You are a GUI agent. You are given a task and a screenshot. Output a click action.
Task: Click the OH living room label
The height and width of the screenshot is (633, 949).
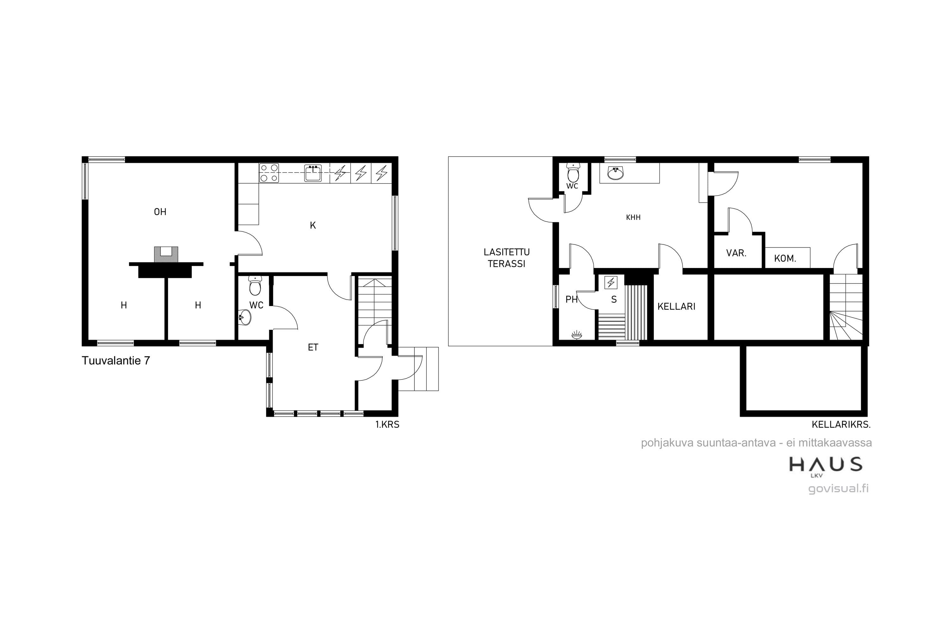160,212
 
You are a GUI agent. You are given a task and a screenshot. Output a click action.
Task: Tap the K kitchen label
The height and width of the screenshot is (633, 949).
313,226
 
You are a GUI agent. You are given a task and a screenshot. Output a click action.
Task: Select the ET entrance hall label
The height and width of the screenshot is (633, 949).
313,348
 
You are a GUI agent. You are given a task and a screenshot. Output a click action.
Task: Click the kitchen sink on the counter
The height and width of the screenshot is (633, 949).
313,173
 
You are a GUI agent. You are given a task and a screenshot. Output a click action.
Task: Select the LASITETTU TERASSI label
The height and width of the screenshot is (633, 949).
506,258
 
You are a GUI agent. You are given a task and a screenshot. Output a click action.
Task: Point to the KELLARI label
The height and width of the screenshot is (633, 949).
676,307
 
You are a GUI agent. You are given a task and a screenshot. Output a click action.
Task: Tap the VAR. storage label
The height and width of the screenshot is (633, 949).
736,254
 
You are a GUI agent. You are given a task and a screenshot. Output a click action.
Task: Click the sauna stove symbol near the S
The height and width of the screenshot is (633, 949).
611,283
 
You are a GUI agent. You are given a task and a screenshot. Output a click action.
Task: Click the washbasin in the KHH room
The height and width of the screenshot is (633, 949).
615,173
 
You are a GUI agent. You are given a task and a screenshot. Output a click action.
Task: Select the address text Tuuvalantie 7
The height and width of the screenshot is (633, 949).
116,360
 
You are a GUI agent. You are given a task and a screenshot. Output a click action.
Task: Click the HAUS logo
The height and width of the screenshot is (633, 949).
826,466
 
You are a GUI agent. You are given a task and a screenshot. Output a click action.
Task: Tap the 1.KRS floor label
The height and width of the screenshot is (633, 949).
387,425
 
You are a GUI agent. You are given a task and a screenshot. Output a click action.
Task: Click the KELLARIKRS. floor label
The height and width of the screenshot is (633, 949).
841,425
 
